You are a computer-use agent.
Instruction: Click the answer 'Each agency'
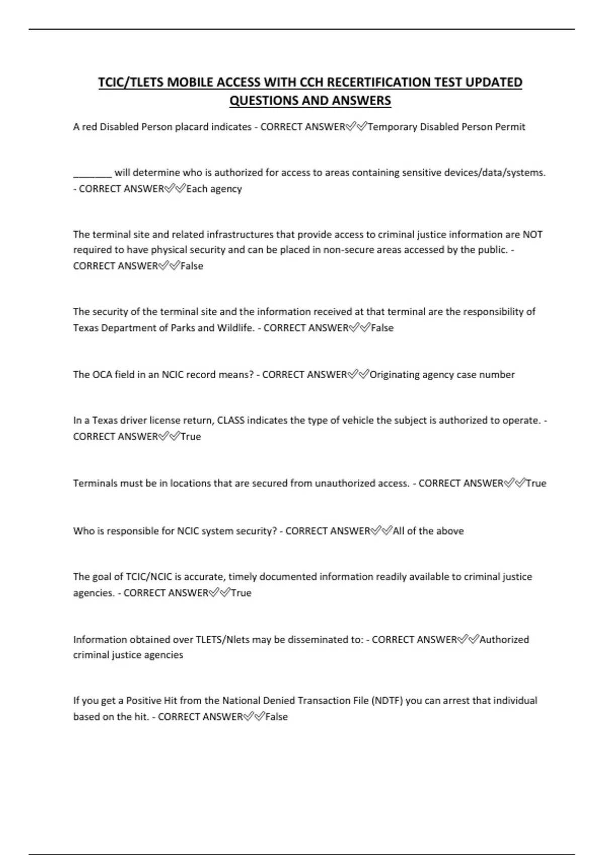tap(214, 189)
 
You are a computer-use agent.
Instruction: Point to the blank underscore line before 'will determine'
tap(92, 173)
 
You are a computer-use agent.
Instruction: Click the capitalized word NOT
tap(532, 234)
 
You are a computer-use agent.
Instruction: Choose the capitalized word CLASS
tap(231, 420)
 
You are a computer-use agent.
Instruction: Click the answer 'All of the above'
tap(428, 531)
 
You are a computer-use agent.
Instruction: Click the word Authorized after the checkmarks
tap(504, 640)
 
